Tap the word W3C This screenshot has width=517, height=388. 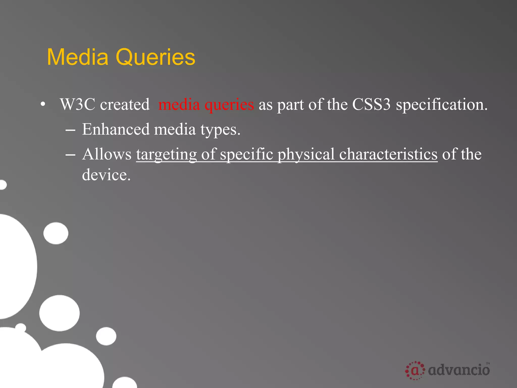coord(77,104)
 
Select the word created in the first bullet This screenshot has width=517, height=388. coord(125,104)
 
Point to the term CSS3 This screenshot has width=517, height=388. coord(371,104)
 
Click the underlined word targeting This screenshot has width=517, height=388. coord(166,154)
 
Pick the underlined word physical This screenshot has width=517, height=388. coord(306,154)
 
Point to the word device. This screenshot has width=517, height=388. coord(106,175)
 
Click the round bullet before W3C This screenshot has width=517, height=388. coord(43,105)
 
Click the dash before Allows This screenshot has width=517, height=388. coord(70,155)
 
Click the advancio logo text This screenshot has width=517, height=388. coord(459,370)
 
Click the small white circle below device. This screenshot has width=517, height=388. coord(56,233)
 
